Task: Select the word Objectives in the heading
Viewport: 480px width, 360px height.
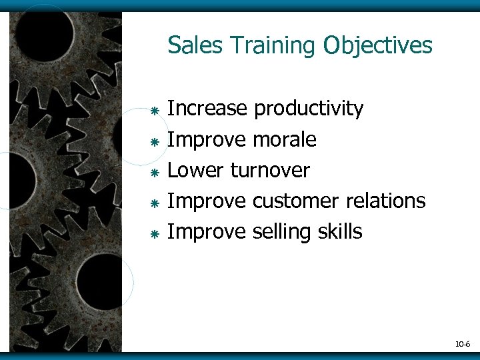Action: [378, 46]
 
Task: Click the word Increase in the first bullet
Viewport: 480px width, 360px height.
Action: [207, 109]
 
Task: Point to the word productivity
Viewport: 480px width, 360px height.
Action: [309, 109]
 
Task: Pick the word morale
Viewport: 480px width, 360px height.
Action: [285, 139]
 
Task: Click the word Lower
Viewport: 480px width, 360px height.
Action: [196, 170]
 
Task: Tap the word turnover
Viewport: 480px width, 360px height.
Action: [270, 170]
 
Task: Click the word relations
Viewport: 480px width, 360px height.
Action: [386, 201]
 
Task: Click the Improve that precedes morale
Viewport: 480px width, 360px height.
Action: [207, 139]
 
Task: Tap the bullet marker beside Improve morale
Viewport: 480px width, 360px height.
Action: [153, 141]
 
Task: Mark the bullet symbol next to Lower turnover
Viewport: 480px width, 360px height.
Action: [153, 172]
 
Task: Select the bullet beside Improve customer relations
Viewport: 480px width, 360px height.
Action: [153, 203]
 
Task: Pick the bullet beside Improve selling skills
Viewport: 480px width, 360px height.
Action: [153, 233]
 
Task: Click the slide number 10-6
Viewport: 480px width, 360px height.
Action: [463, 344]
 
